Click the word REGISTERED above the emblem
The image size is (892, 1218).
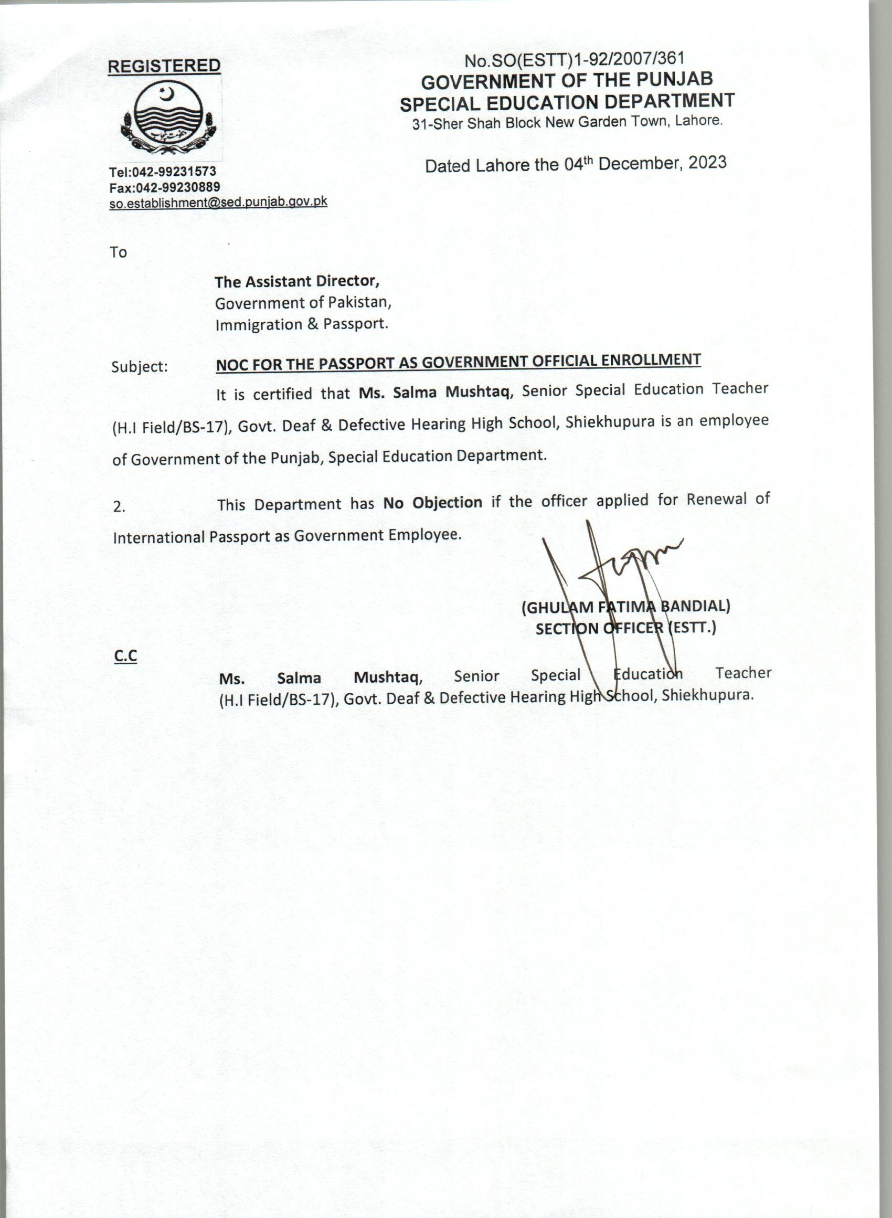click(x=164, y=66)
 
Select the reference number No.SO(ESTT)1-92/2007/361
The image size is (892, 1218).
click(x=575, y=59)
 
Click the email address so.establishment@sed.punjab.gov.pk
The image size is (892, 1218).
click(x=218, y=203)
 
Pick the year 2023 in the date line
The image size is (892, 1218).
click(x=707, y=162)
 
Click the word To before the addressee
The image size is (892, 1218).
click(x=118, y=252)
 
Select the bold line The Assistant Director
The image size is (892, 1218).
click(x=297, y=281)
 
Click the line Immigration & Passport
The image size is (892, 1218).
click(x=301, y=324)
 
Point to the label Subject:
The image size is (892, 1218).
click(x=139, y=367)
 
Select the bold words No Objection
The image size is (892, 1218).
click(x=432, y=502)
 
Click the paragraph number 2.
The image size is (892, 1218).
click(x=119, y=506)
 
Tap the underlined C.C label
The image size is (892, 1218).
click(x=125, y=656)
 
